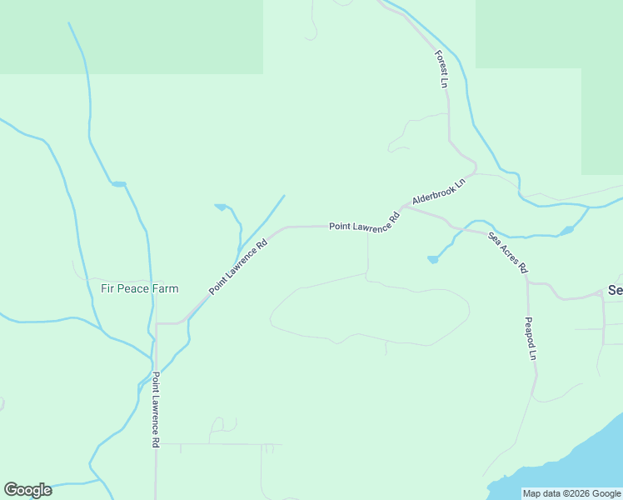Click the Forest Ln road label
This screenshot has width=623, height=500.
[441, 69]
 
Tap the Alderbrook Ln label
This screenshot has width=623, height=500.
[437, 192]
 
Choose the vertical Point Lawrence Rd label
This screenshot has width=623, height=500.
[155, 411]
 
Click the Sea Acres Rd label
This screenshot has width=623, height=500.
[508, 252]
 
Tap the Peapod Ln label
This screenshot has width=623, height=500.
[530, 337]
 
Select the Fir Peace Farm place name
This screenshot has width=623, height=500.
[139, 289]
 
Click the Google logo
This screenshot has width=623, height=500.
[27, 490]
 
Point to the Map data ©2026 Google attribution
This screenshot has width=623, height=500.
[571, 493]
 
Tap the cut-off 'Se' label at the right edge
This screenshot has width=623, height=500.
[615, 290]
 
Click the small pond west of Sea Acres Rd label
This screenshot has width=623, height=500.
[432, 259]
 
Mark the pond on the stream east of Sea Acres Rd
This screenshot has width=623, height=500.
[567, 230]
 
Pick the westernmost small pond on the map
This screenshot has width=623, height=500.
[118, 183]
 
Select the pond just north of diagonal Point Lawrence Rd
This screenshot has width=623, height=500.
[221, 207]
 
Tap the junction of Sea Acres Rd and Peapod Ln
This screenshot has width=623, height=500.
[527, 281]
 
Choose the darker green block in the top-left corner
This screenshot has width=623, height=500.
[125, 33]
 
